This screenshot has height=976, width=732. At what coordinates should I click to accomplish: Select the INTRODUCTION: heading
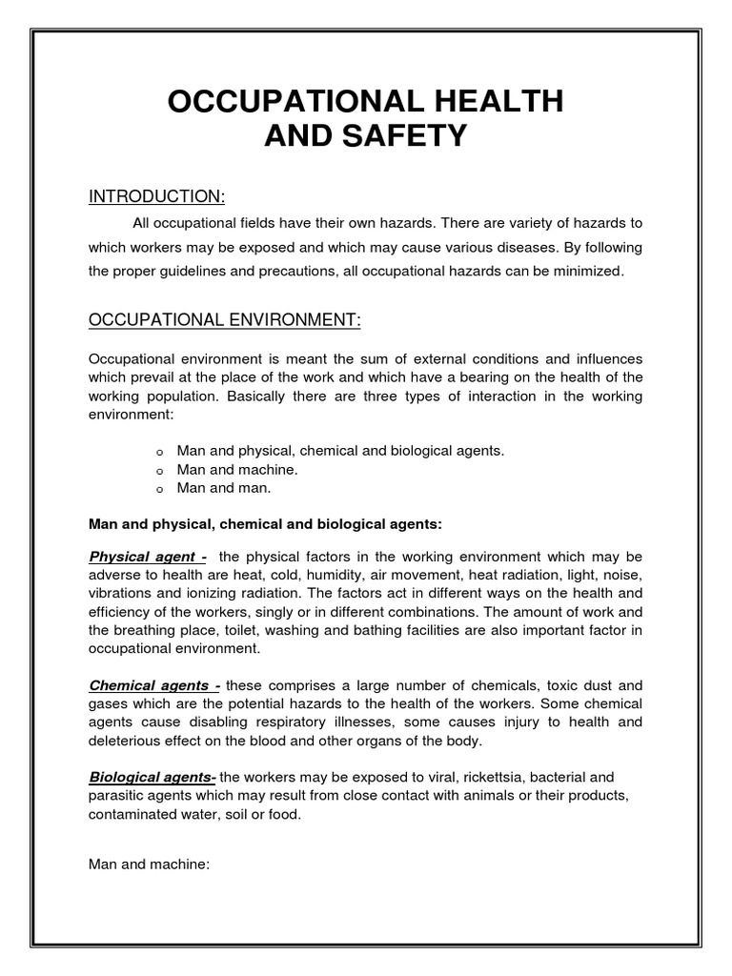(x=156, y=197)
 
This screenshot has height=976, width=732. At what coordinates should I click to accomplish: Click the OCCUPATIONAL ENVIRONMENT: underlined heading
(x=225, y=320)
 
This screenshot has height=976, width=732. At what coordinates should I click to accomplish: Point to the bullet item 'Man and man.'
(x=224, y=487)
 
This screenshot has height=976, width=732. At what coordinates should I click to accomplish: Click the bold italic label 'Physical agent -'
(x=147, y=557)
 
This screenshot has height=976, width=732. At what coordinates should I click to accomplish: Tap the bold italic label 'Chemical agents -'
(x=154, y=684)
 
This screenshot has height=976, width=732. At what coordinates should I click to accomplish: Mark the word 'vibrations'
(x=122, y=593)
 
